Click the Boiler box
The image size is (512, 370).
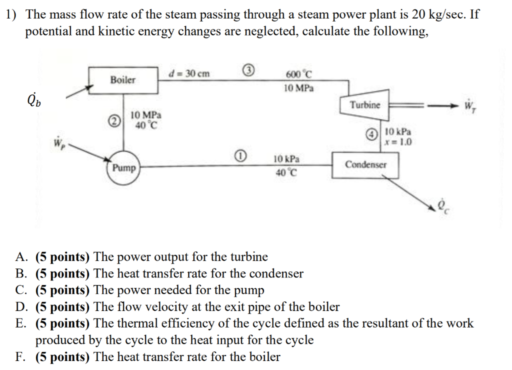pyautogui.click(x=123, y=79)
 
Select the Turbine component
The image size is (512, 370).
pyautogui.click(x=364, y=105)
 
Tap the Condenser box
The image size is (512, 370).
pyautogui.click(x=365, y=164)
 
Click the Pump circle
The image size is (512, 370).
pyautogui.click(x=123, y=168)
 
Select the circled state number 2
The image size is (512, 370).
pyautogui.click(x=114, y=120)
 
